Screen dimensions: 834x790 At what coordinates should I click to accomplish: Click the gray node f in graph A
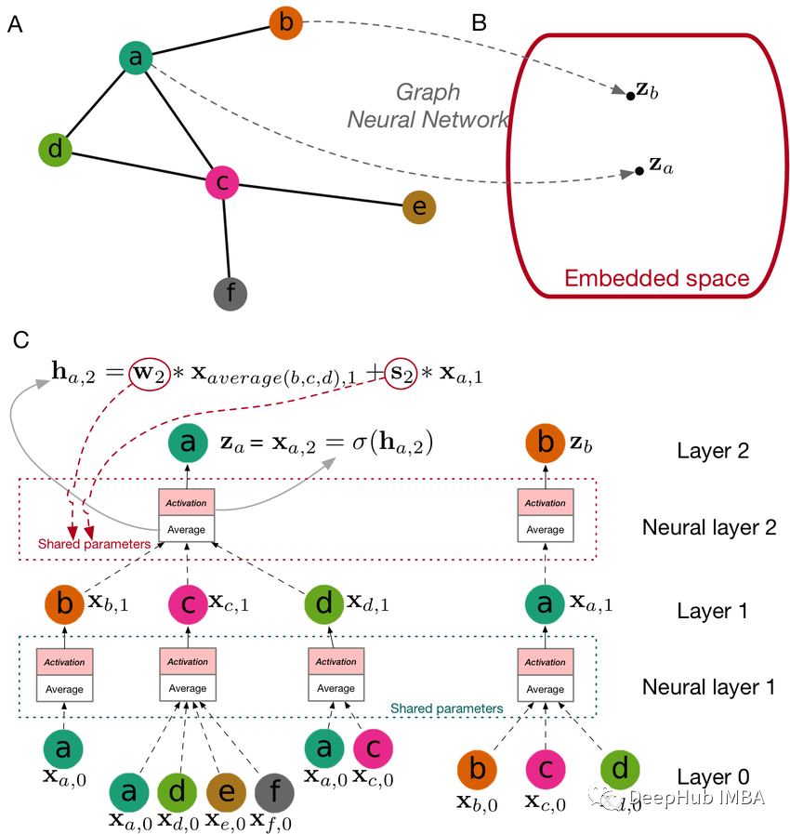point(229,294)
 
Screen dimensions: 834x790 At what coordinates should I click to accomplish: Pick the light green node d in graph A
point(55,149)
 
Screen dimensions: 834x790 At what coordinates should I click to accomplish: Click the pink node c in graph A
point(222,182)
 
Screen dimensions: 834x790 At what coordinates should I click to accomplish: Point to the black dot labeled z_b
point(630,95)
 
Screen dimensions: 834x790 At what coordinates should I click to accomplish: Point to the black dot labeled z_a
point(639,172)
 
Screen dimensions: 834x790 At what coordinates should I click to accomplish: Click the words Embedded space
point(656,279)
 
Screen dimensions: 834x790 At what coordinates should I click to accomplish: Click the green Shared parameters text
point(446,708)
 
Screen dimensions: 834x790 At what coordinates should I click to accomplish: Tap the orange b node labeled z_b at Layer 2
point(545,443)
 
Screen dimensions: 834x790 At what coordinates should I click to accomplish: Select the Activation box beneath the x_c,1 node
point(188,662)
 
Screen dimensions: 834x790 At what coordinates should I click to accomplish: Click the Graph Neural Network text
point(428,105)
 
